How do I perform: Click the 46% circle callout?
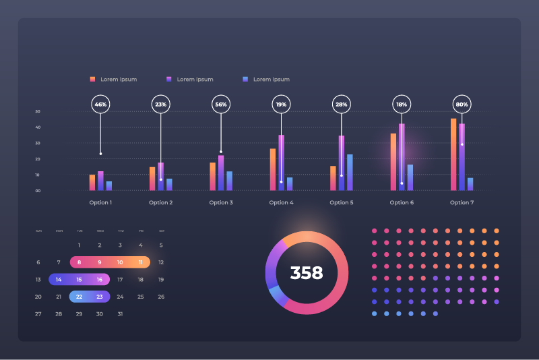coord(100,104)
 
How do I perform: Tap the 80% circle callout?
coord(462,104)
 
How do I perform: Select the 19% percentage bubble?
coord(281,104)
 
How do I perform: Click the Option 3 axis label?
coord(221,203)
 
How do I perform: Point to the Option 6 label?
coord(402,203)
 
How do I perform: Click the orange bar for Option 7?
coord(453,154)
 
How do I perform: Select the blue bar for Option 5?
coord(350,173)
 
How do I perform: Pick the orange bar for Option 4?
coord(273,169)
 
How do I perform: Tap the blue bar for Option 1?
coord(109,185)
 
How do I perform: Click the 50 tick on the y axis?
coord(38,111)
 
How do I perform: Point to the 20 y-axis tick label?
coord(38,159)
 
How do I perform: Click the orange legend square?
coord(93,79)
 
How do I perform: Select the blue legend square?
coord(246,79)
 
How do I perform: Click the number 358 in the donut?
coord(307,273)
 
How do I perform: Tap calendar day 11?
coord(141,262)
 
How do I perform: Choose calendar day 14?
coord(59,279)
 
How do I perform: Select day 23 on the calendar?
coord(100,297)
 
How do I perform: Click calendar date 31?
coord(120,314)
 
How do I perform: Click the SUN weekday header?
coord(38,231)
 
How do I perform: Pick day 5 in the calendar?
coord(161,245)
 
